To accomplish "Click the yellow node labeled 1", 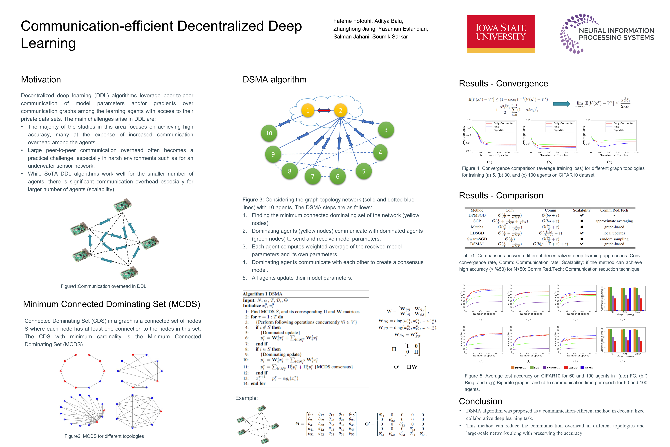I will coord(308,110).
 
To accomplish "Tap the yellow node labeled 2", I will coord(340,110).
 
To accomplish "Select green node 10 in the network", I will coord(269,133).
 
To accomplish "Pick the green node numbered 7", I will coord(313,176).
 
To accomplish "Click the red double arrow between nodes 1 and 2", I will coord(324,110).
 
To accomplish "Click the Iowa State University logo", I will coord(500,34).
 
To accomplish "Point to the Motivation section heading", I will coord(41,79).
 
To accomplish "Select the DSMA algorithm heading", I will coord(274,79).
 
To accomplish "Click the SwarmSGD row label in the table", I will coord(477,239).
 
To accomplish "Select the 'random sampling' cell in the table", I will coord(614,239).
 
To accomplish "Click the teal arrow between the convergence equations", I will coord(561,104).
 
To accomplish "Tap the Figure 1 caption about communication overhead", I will coord(103,286).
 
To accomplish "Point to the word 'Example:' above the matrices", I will coord(246,398).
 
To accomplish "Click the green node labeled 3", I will coord(386,130).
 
